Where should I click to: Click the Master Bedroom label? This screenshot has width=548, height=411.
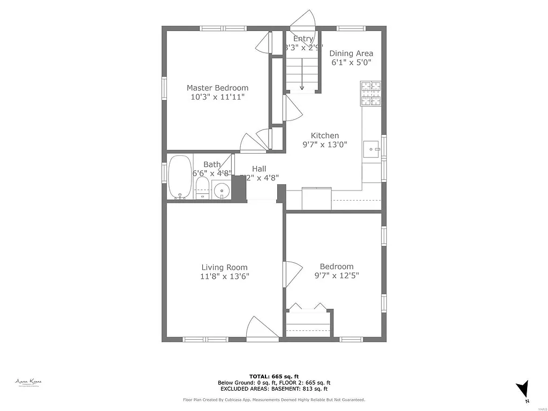point(217,88)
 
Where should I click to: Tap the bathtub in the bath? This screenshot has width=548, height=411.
point(180,177)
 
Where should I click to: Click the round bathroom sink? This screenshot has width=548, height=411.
point(221,189)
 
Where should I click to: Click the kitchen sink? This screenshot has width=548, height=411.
point(371,149)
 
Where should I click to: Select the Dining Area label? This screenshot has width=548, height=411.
point(351,53)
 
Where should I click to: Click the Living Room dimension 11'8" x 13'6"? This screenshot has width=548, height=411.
point(225,277)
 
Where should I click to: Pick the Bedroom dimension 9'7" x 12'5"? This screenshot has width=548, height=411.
point(337,276)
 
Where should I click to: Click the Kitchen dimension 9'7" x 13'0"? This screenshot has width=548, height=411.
point(325,144)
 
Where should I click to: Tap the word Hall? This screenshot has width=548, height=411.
point(259,169)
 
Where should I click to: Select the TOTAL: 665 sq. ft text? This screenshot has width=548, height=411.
point(273,376)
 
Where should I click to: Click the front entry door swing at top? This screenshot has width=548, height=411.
point(303,20)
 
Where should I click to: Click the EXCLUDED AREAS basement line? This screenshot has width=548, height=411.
point(273,389)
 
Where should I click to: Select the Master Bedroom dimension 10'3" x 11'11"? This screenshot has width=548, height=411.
point(217,97)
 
